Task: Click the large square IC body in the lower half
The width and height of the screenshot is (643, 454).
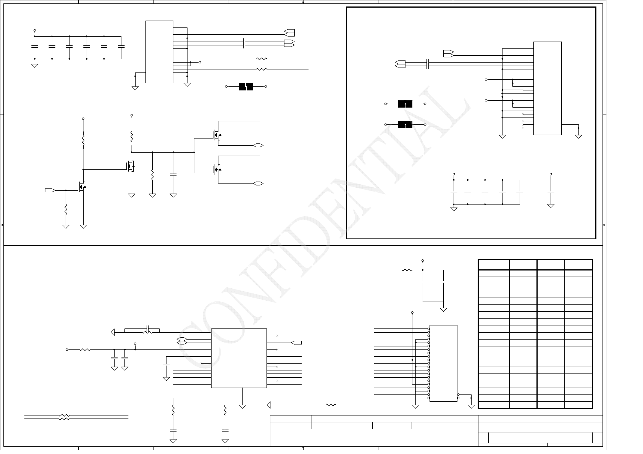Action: point(239,358)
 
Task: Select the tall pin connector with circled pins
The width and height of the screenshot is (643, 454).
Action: point(443,363)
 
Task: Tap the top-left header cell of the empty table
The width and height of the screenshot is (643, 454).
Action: point(493,265)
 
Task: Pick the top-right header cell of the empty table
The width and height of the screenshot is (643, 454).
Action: point(578,265)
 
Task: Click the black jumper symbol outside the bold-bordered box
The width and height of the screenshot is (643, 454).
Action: point(246,87)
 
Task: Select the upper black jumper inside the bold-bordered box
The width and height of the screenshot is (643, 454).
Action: point(405,104)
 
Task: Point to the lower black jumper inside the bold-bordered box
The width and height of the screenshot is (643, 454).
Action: point(405,124)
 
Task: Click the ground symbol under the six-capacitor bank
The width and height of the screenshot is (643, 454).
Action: point(35,66)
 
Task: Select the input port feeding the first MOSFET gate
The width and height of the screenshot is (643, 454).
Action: point(50,190)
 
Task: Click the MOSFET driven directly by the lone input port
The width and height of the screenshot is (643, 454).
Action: point(82,187)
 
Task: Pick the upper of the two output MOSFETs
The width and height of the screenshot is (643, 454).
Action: point(217,135)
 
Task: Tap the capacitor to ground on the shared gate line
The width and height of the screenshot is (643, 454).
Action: point(173,175)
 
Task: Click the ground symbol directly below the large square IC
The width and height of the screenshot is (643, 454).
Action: point(242,406)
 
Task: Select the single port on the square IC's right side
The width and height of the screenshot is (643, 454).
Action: point(296,343)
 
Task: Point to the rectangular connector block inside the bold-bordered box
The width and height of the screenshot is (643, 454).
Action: point(547,88)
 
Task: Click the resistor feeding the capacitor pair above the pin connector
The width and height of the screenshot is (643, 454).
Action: point(407,270)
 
